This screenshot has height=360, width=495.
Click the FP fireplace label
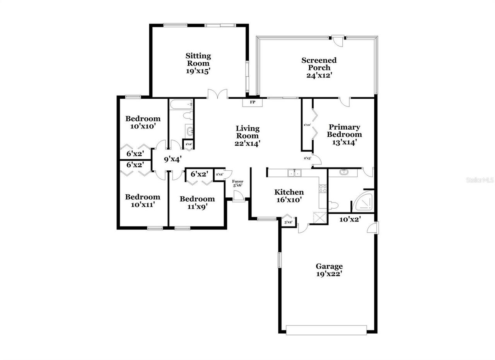[253, 102]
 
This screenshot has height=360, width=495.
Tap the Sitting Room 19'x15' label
[198, 63]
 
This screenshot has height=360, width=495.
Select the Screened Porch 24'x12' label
[319, 68]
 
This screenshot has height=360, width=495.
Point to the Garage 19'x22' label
[329, 270]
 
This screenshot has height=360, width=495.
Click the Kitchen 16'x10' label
[289, 196]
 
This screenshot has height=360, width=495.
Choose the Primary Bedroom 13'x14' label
[344, 134]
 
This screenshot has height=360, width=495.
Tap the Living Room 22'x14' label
[247, 135]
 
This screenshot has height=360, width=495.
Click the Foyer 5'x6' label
[237, 183]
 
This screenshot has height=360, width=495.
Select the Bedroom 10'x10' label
[143, 122]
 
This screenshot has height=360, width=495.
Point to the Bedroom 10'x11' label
[142, 201]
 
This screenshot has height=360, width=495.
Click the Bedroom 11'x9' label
[197, 202]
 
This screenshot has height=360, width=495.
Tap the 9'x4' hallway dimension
[172, 159]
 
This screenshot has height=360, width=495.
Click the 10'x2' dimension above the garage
[350, 219]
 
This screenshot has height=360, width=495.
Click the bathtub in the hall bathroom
[181, 104]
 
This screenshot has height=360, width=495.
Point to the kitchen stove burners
[323, 189]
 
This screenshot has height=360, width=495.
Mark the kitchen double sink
[294, 173]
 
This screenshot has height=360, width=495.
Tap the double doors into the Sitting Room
[217, 94]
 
